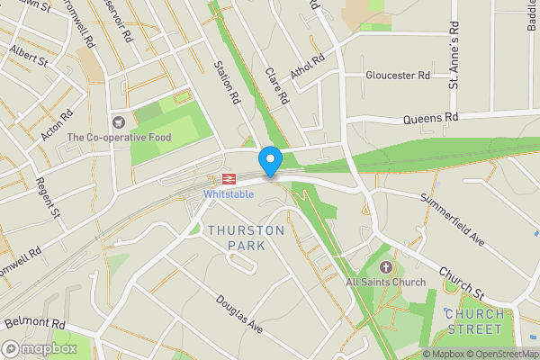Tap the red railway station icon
tap(229, 179)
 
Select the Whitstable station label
tap(229, 194)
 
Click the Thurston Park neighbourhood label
tap(246, 238)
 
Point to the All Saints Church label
tap(386, 283)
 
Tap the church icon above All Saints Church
tap(387, 267)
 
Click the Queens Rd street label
tap(431, 117)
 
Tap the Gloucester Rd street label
tap(398, 76)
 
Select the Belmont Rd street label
tap(36, 323)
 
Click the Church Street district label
tap(473, 321)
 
